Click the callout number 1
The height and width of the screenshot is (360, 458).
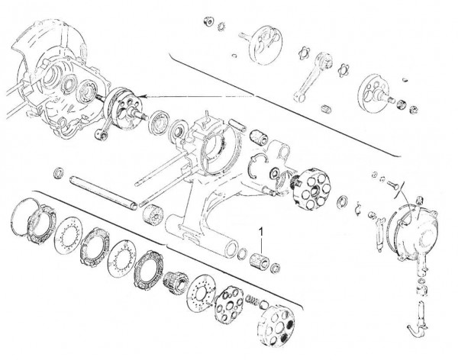tap(262, 228)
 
